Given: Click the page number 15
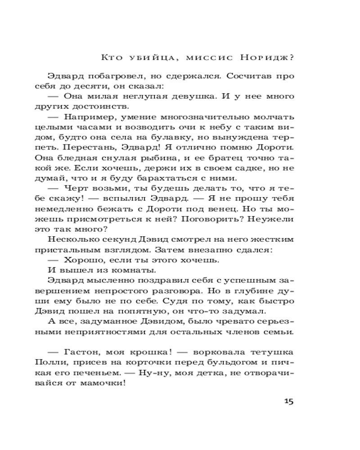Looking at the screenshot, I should tap(288, 401).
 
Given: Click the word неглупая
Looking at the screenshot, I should tap(145, 96).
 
